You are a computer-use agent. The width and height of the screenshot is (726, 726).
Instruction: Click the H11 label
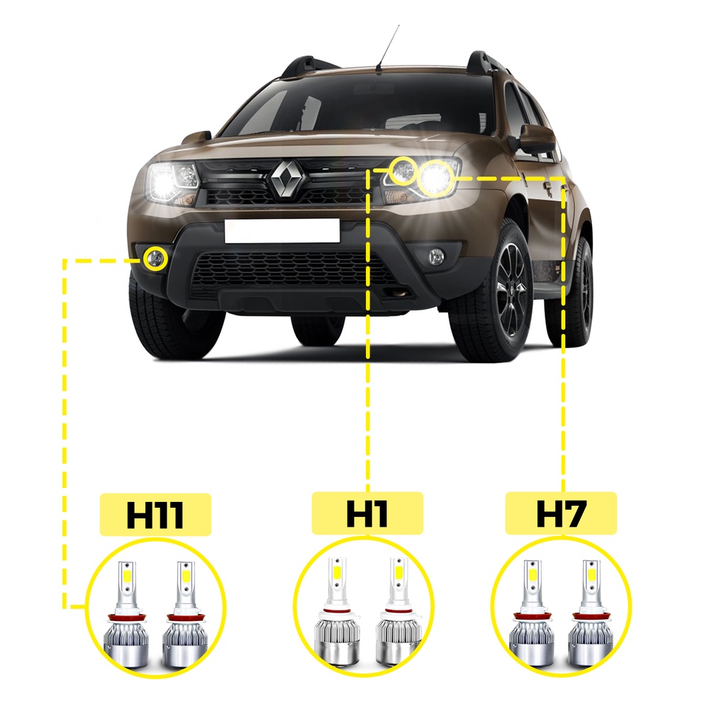[x=156, y=514]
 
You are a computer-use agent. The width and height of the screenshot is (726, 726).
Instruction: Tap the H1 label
[x=367, y=513]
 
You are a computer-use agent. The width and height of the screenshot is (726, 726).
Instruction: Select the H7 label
[x=561, y=513]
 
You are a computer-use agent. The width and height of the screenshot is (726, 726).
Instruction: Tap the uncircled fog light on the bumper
[x=436, y=257]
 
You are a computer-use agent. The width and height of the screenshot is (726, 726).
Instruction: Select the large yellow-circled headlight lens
[x=435, y=177]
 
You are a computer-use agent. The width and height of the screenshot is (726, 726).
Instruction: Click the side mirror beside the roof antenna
[x=197, y=137]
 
